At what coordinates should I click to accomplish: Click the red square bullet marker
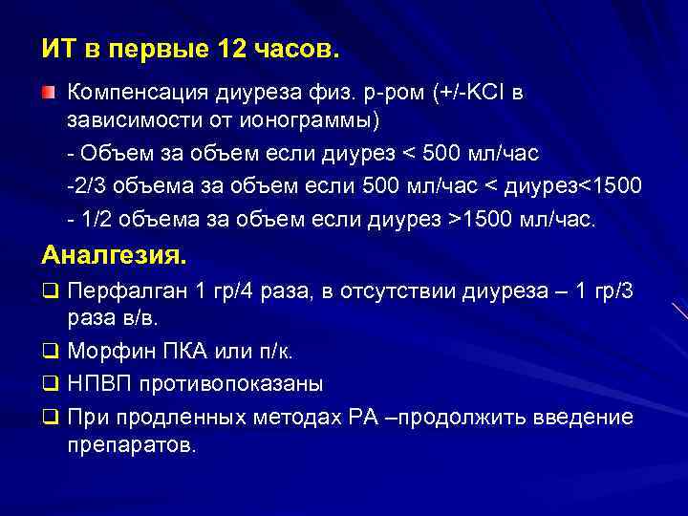pyautogui.click(x=48, y=93)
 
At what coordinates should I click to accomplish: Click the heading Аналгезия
pyautogui.click(x=115, y=257)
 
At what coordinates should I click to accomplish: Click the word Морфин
pyautogui.click(x=107, y=353)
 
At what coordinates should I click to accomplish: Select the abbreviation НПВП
pyautogui.click(x=97, y=384)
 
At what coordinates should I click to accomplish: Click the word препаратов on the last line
pyautogui.click(x=131, y=445)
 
